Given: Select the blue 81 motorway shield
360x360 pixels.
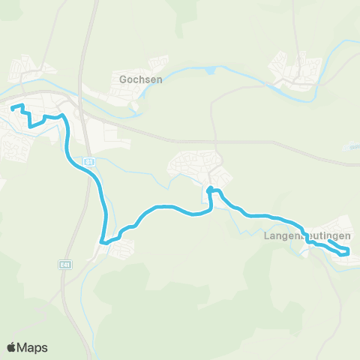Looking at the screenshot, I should pyautogui.click(x=89, y=160).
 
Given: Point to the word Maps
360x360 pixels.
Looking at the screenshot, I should pyautogui.click(x=33, y=347).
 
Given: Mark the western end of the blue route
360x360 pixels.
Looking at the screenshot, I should pyautogui.click(x=13, y=108).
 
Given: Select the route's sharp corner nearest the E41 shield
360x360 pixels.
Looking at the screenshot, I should pyautogui.click(x=103, y=241).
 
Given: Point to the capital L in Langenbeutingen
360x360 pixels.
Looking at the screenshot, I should pyautogui.click(x=266, y=235).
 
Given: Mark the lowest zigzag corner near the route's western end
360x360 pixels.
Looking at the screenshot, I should pyautogui.click(x=31, y=126).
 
